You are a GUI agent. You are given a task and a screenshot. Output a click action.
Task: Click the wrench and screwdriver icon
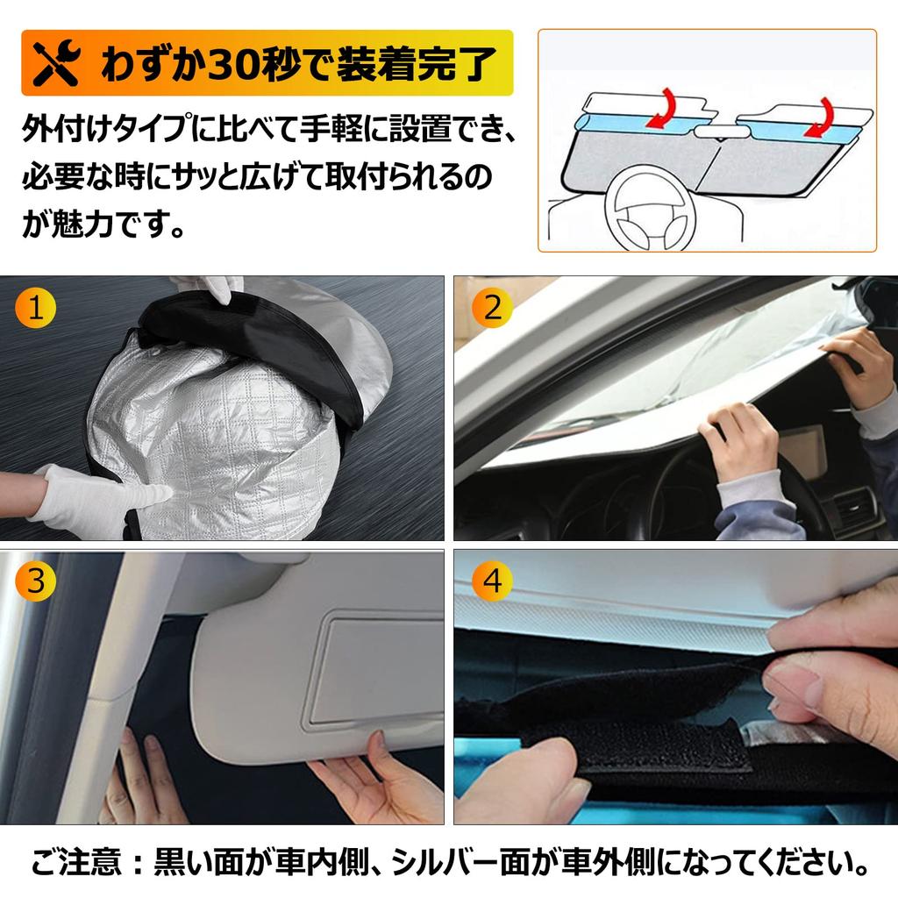(x=55, y=65)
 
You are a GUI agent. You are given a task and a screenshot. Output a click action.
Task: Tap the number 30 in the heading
(x=234, y=65)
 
